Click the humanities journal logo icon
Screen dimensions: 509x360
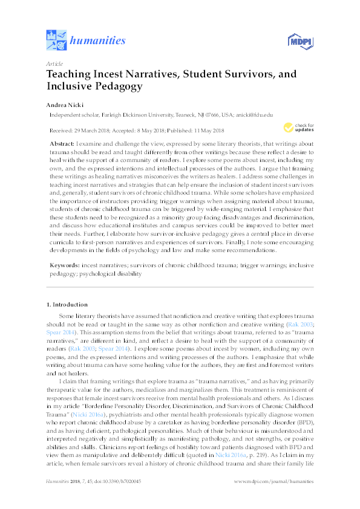pyautogui.click(x=56, y=40)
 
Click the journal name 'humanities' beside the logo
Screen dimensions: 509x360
pyautogui.click(x=98, y=41)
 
